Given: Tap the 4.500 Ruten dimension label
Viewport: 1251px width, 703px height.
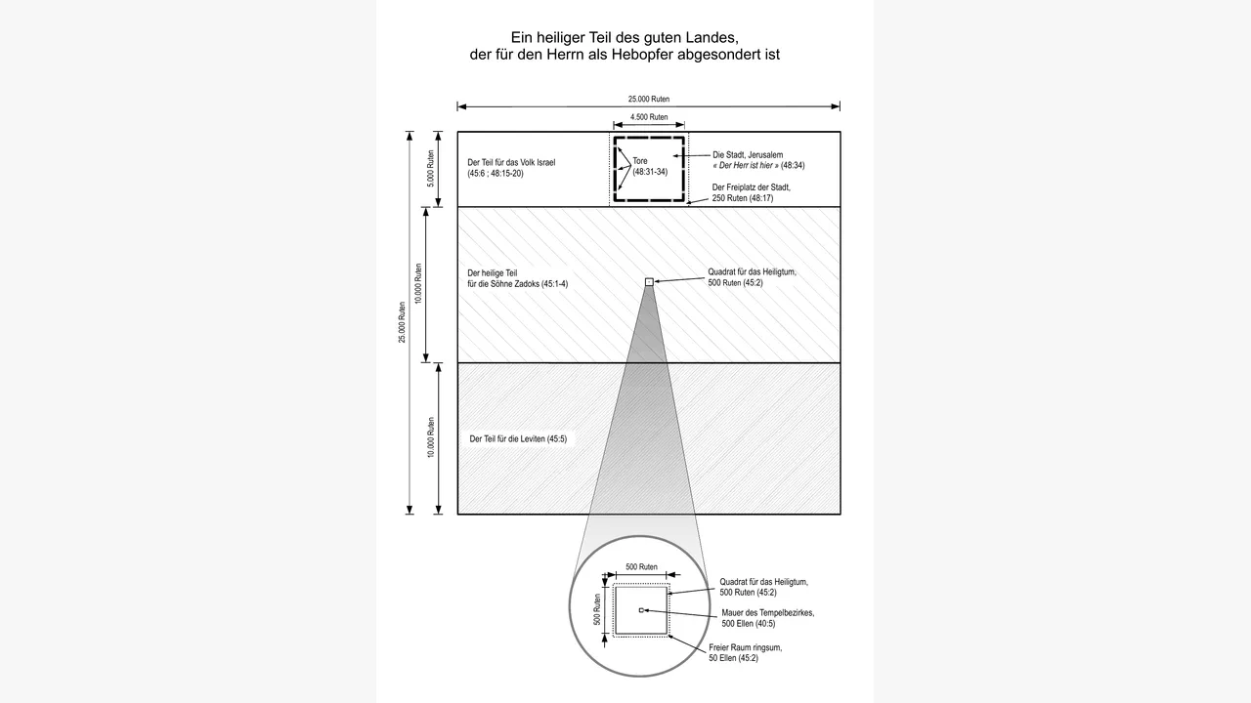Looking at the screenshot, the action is (x=649, y=117).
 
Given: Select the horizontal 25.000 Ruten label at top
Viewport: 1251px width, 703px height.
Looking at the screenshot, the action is (x=648, y=99).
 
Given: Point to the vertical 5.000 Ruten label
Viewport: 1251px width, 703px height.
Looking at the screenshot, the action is (x=431, y=169).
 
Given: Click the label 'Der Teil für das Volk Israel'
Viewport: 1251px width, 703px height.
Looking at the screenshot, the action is (x=511, y=162).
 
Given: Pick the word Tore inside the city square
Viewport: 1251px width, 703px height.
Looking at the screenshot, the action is (x=640, y=161).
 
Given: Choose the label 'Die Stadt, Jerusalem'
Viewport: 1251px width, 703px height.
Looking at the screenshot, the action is (x=748, y=154).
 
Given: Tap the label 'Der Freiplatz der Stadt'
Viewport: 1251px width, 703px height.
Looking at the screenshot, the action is (x=752, y=187).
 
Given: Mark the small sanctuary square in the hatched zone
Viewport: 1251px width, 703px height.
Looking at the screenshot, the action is (x=649, y=282).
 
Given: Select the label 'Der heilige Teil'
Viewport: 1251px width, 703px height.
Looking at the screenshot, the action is (x=492, y=272).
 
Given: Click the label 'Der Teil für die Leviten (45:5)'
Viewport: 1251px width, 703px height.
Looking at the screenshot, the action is (x=518, y=439).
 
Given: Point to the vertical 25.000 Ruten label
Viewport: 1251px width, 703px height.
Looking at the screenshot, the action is (x=402, y=322).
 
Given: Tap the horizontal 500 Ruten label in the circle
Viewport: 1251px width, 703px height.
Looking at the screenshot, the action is (x=641, y=567).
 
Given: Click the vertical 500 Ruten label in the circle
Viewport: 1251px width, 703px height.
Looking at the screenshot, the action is (x=597, y=609).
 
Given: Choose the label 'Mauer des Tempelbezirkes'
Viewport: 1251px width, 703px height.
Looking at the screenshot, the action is (x=768, y=612).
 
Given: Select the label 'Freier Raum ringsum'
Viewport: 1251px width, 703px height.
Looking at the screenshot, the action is (x=746, y=647).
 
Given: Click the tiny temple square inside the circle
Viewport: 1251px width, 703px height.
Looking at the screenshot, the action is (x=641, y=610).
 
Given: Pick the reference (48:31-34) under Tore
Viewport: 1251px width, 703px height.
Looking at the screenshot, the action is (x=650, y=172).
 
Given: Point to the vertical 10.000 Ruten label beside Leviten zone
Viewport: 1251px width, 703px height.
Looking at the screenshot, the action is (x=431, y=437).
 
